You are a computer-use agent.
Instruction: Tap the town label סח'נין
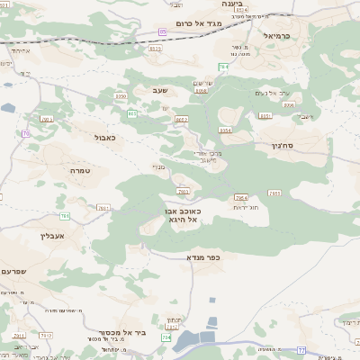(280, 143)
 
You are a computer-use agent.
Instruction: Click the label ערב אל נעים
(268, 93)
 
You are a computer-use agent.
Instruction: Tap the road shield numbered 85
(162, 31)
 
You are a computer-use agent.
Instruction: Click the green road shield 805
(132, 113)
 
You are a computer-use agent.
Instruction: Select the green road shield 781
(65, 216)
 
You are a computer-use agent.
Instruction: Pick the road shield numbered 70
(26, 133)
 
